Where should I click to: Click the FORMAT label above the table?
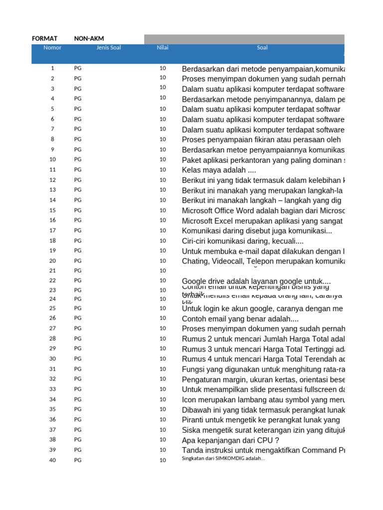click(x=44, y=38)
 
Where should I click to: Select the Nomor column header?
click(x=52, y=48)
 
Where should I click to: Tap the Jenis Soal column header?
click(x=109, y=48)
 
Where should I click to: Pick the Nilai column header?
click(x=163, y=48)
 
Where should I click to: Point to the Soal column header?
click(x=262, y=48)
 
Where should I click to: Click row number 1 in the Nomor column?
click(x=52, y=68)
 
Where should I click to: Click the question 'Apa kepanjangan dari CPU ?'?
click(x=230, y=440)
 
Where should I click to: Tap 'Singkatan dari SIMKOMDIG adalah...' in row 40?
click(x=223, y=459)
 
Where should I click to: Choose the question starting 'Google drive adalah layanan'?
click(x=256, y=281)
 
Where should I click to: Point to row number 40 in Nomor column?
click(x=52, y=460)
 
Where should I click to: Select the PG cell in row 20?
click(x=78, y=261)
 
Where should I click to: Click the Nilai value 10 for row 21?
click(x=163, y=270)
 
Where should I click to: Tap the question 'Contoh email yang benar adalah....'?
click(x=240, y=318)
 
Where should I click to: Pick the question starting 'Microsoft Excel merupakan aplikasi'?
click(x=263, y=220)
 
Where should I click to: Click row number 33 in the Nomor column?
click(x=52, y=389)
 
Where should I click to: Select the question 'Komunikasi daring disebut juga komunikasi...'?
click(x=256, y=231)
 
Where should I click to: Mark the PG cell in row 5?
click(x=78, y=109)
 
